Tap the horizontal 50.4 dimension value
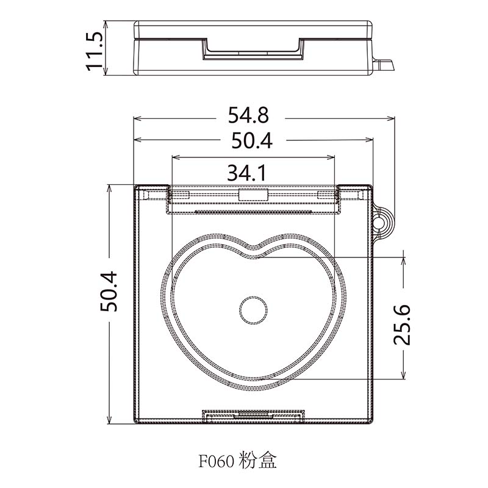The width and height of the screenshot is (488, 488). point(251,141)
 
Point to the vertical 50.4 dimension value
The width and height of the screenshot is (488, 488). point(110,292)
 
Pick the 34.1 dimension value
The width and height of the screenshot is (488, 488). point(246,174)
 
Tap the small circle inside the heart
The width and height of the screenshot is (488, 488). point(253,310)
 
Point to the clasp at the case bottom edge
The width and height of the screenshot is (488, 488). point(253,415)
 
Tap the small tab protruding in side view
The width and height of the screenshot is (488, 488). point(384,64)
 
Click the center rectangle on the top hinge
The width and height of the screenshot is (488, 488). point(253,195)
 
